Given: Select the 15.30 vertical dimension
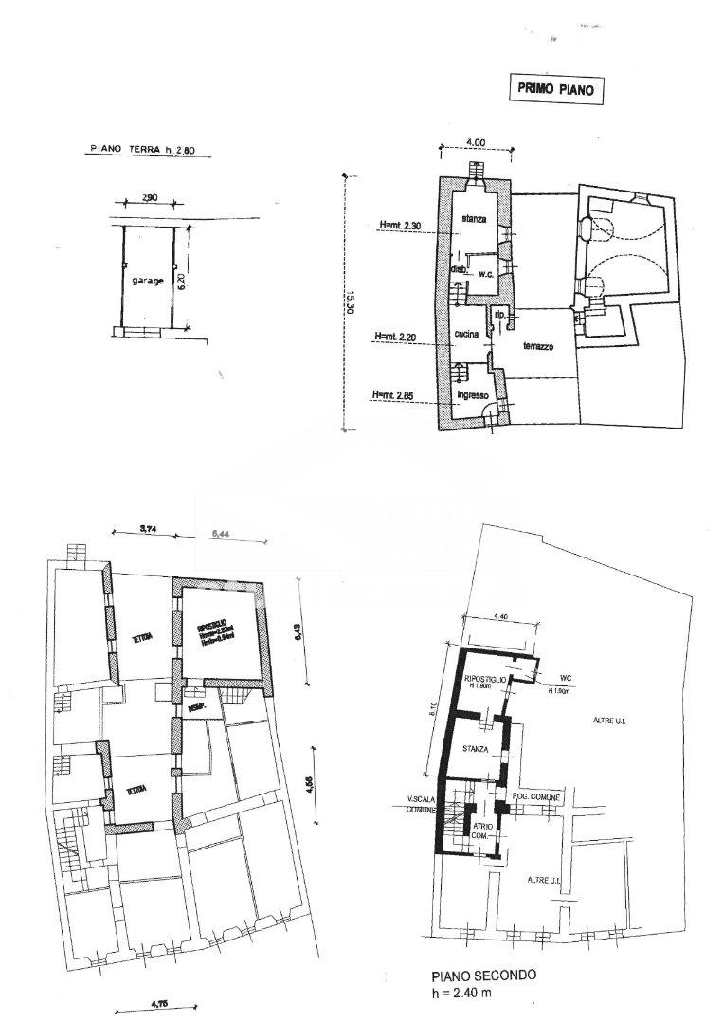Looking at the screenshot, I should coord(351,301).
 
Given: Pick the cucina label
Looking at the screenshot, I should coord(465,334).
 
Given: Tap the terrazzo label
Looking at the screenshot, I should coord(537,347).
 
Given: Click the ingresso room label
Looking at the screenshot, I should coord(471,394).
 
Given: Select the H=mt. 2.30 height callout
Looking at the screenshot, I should coord(399,225).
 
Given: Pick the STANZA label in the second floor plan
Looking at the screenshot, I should coord(476,749).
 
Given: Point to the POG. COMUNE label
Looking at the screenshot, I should coord(538,797).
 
